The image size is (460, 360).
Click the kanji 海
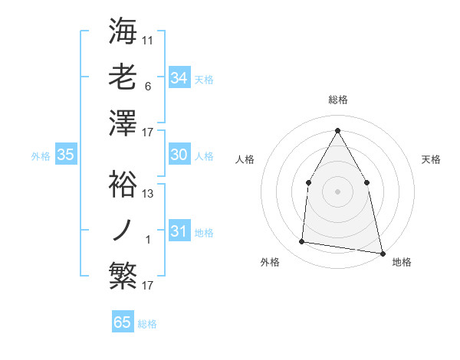(123, 31)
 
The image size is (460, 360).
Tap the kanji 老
(123, 77)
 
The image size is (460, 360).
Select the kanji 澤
(123, 123)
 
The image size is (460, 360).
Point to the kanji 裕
(123, 184)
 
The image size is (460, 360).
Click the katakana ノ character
(123, 230)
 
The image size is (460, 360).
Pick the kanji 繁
(123, 276)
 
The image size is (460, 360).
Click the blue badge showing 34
(179, 78)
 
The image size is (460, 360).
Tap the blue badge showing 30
(179, 155)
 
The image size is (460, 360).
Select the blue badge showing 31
(179, 231)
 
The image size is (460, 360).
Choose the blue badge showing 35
(66, 155)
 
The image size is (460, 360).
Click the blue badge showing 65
(123, 322)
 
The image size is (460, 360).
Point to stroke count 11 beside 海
(148, 40)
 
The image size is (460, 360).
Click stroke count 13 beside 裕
(148, 194)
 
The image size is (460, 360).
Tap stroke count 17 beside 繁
(148, 286)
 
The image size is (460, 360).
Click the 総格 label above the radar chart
(337, 100)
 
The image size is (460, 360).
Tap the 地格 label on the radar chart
(402, 262)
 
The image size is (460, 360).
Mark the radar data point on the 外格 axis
(302, 242)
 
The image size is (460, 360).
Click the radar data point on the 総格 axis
(337, 130)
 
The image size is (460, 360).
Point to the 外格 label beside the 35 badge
(41, 155)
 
